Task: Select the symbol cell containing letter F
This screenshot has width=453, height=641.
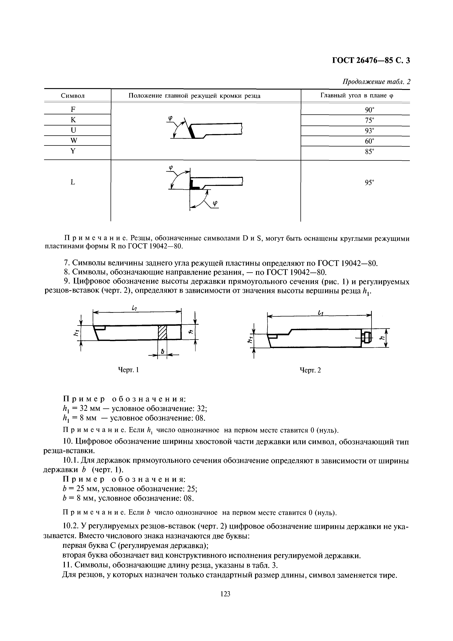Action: (73, 109)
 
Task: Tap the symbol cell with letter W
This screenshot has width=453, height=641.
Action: (73, 141)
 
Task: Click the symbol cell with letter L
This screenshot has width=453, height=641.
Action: (73, 182)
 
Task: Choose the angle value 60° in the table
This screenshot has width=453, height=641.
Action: (369, 141)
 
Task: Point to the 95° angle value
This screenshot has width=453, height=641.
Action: (369, 182)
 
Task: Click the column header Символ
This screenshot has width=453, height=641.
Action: (73, 96)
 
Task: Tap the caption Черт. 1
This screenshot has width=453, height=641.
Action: (129, 370)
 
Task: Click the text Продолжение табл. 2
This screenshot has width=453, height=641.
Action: (377, 82)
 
